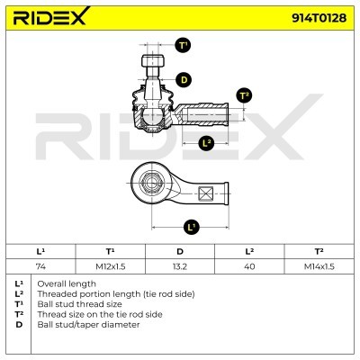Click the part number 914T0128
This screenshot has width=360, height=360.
point(319,18)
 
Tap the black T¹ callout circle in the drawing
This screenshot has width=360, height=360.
point(183,46)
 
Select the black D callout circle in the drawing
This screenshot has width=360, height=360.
point(184,80)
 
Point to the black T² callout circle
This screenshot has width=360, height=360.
point(244,95)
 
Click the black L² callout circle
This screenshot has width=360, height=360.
point(207,143)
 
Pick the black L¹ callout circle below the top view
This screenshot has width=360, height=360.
point(191,227)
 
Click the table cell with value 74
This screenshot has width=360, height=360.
point(40,266)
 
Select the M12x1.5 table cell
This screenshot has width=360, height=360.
point(111,266)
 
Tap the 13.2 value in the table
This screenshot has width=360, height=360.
point(180,266)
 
